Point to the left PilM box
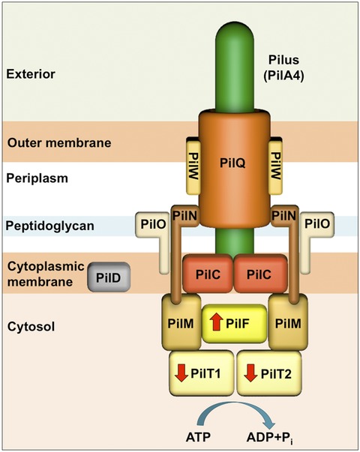tap(178, 322)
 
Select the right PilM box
tap(289, 322)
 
